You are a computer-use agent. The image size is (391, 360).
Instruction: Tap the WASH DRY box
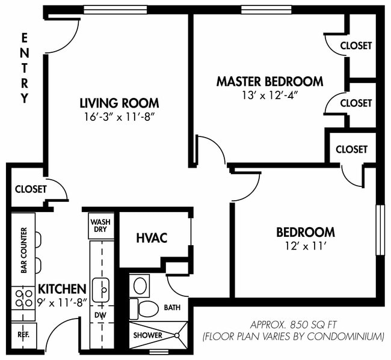[x=100, y=226]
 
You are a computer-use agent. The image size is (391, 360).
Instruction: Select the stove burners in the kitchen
[x=23, y=296]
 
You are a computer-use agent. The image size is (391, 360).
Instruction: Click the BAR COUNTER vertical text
[x=24, y=250]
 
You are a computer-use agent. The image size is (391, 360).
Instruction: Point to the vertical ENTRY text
[x=24, y=68]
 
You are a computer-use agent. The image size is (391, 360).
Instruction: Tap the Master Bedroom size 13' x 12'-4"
[x=269, y=95]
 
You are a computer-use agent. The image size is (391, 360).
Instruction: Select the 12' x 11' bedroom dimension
[x=305, y=246]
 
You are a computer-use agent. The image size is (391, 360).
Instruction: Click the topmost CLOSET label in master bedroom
[x=356, y=46]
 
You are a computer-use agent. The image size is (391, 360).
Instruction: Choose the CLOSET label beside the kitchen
[x=31, y=189]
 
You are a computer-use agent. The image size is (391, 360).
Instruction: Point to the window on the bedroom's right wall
[x=380, y=230]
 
